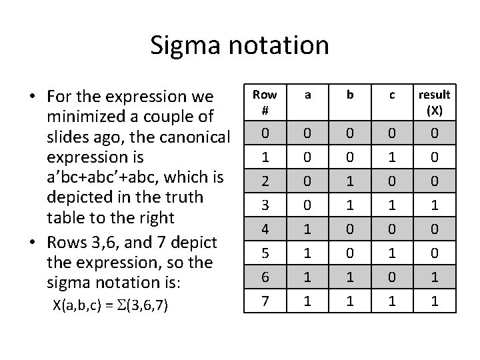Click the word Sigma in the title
pyautogui.click(x=180, y=45)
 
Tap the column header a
pyautogui.click(x=308, y=95)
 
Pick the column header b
pyautogui.click(x=350, y=95)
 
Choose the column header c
pyautogui.click(x=392, y=95)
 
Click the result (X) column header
pyautogui.click(x=434, y=103)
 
